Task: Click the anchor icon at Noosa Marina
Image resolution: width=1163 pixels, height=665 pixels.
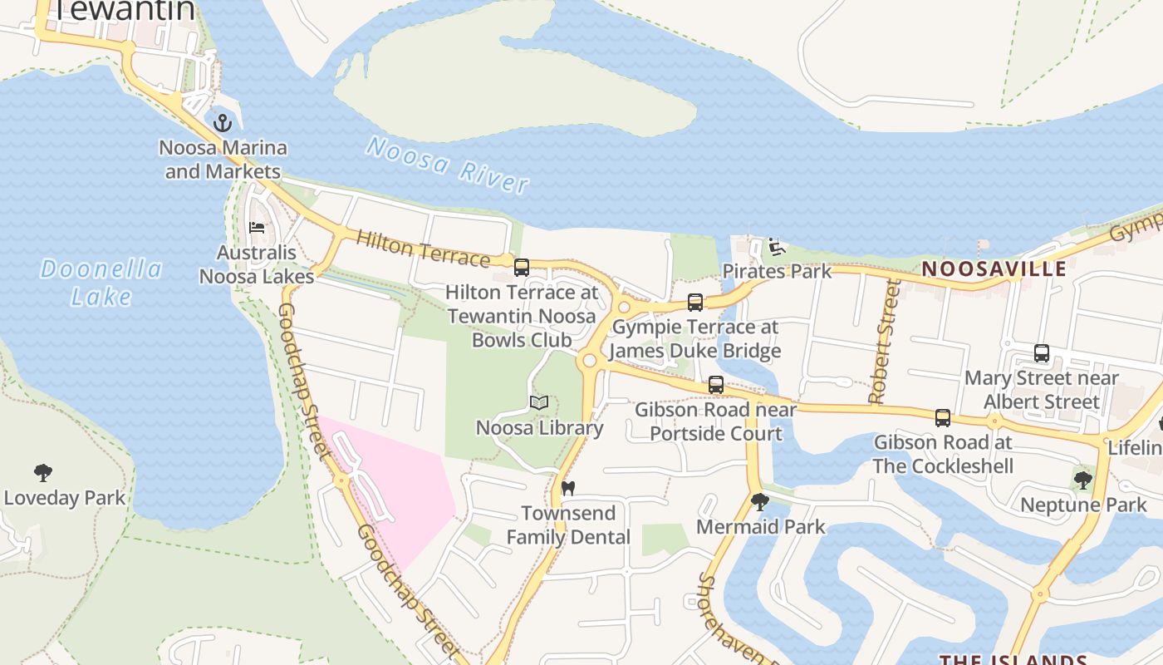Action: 222,124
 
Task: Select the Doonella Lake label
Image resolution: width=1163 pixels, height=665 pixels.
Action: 101,283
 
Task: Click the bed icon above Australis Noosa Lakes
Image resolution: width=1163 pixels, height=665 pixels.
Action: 257,227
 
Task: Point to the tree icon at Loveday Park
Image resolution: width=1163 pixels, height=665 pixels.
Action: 43,474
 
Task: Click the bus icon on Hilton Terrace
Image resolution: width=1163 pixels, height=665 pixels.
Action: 522,268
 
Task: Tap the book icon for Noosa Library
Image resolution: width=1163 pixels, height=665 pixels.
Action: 539,403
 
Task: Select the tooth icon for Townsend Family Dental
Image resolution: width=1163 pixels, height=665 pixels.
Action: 568,488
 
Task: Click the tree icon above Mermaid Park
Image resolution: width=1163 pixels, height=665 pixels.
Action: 759,502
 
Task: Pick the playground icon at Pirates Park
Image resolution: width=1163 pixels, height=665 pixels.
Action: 776,246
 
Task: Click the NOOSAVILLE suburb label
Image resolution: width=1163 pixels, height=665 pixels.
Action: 994,269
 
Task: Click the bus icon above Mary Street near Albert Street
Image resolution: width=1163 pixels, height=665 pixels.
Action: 1042,353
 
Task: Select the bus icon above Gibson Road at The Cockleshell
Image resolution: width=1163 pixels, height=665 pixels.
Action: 943,417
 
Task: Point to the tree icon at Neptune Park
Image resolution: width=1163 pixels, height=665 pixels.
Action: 1082,480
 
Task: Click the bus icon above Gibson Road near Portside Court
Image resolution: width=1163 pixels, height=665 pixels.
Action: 716,385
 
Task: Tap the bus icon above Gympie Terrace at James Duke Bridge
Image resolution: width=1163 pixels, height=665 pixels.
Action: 695,303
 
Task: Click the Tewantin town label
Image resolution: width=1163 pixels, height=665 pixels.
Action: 125,11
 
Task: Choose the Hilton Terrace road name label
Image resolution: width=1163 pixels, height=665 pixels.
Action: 422,249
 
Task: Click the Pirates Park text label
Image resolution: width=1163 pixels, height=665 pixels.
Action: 777,271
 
